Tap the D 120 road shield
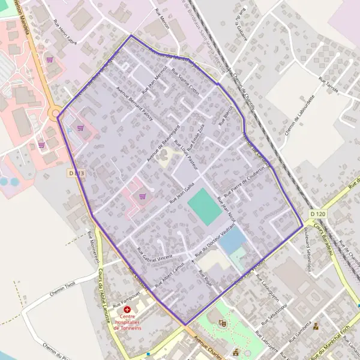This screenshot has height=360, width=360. [x=318, y=214]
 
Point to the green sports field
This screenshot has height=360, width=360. [x=204, y=206]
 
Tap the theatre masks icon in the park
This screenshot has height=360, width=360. [x=223, y=323]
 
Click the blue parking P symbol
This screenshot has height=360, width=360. [x=70, y=130]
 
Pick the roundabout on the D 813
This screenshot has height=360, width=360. [x=56, y=113]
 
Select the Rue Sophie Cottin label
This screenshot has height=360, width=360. [x=185, y=82]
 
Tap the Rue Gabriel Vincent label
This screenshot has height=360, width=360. [x=155, y=256]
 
